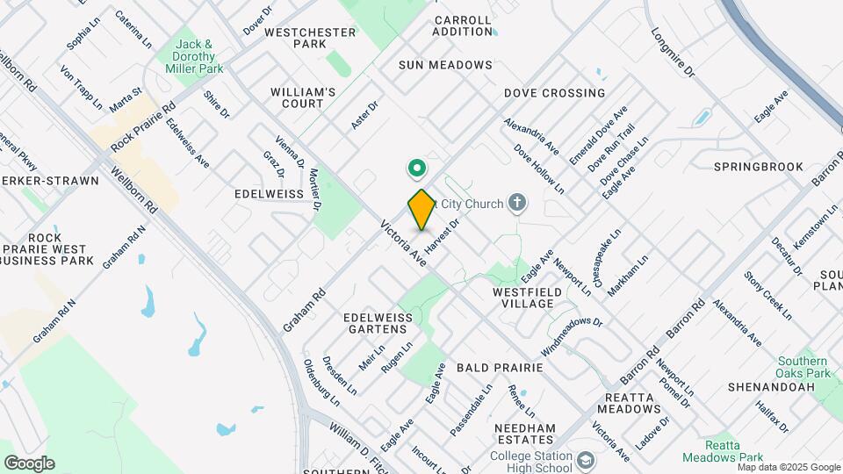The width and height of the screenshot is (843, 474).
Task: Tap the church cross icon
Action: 518,205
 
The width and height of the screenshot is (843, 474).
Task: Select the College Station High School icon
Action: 587,458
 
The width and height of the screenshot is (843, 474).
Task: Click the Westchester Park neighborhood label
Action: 299,38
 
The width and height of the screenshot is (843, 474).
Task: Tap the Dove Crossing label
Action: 554,93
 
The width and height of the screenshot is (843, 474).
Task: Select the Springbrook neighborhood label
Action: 759,166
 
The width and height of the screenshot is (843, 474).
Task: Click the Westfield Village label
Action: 523,297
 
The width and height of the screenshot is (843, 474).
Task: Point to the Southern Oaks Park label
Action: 803,367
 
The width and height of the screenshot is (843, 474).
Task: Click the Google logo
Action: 29,463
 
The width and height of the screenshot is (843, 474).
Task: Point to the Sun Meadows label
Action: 445,65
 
